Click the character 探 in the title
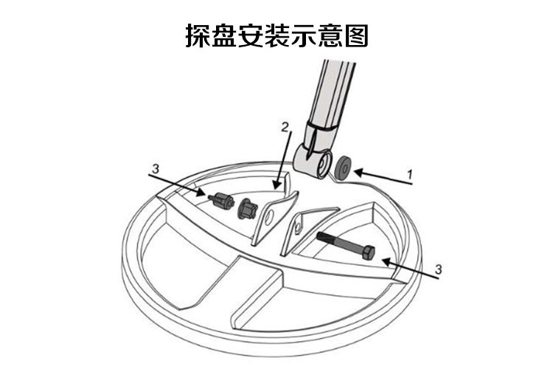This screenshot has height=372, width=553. [198, 35]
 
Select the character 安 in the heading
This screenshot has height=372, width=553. [251, 35]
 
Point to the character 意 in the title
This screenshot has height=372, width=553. [330, 35]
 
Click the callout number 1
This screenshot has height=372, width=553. [409, 174]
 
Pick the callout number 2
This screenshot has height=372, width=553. [285, 127]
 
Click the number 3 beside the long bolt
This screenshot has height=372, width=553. [438, 269]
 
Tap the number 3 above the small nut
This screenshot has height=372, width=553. [155, 169]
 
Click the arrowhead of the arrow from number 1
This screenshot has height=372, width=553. [358, 173]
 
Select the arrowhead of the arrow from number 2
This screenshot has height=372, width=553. [276, 185]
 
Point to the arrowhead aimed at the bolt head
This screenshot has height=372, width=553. [387, 261]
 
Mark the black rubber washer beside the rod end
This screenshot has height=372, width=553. [343, 168]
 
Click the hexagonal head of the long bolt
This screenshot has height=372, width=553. [367, 253]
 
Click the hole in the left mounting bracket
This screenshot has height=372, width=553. [270, 217]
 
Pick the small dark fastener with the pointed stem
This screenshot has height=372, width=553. [221, 201]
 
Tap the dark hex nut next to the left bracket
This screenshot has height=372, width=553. [246, 208]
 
